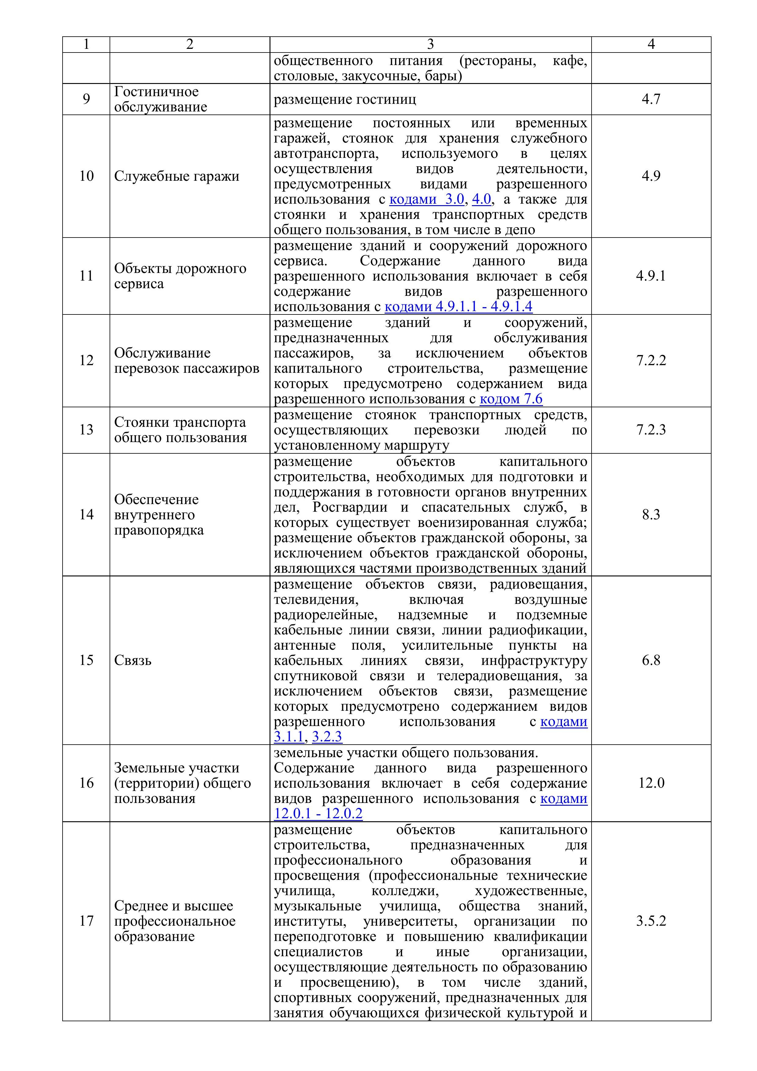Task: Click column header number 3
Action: tap(430, 44)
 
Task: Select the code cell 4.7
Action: tap(651, 99)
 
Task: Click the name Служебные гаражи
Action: tap(176, 176)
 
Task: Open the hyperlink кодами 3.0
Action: tap(426, 199)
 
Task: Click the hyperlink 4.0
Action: tap(481, 199)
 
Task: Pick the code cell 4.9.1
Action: tap(651, 276)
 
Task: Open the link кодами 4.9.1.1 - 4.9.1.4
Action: tap(458, 307)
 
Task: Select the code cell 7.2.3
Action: tap(651, 430)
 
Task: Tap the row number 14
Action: tap(86, 514)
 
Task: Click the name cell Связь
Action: tap(133, 660)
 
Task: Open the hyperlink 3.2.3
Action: tap(327, 737)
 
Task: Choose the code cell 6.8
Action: tap(651, 660)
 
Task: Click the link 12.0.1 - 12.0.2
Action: tap(318, 814)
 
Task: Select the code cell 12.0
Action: tap(651, 783)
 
